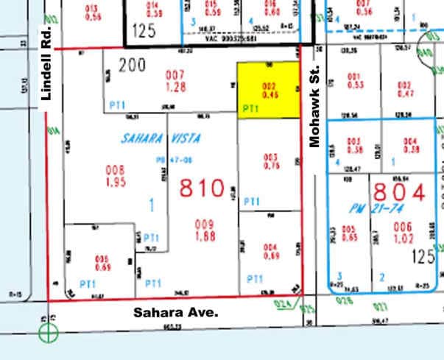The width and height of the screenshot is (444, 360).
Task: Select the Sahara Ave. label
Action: click(x=176, y=312)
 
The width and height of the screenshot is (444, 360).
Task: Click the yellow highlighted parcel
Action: click(x=268, y=90)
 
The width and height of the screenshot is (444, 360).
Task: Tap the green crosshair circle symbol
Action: click(x=49, y=333)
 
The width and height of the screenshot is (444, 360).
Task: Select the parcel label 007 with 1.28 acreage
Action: click(x=175, y=80)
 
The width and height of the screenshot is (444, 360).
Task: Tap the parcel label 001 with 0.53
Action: click(x=355, y=81)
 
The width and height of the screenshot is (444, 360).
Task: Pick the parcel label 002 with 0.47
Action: click(x=405, y=90)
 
